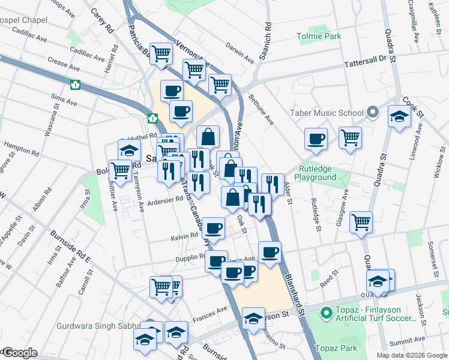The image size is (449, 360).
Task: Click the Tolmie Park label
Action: coord(319,37)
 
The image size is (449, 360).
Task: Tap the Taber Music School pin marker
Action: coord(372,112)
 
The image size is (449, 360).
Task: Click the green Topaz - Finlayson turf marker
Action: coord(326,313)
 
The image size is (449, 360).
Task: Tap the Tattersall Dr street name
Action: coord(366,61)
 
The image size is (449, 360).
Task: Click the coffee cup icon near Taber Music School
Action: coord(316,139)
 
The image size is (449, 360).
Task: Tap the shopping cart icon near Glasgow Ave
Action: coord(361,222)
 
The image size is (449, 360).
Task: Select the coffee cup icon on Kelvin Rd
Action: coord(213,228)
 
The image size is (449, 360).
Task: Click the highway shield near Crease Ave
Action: coord(75,85)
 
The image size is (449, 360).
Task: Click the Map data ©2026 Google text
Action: coord(412,355)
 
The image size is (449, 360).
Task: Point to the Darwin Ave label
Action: coord(241,52)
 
